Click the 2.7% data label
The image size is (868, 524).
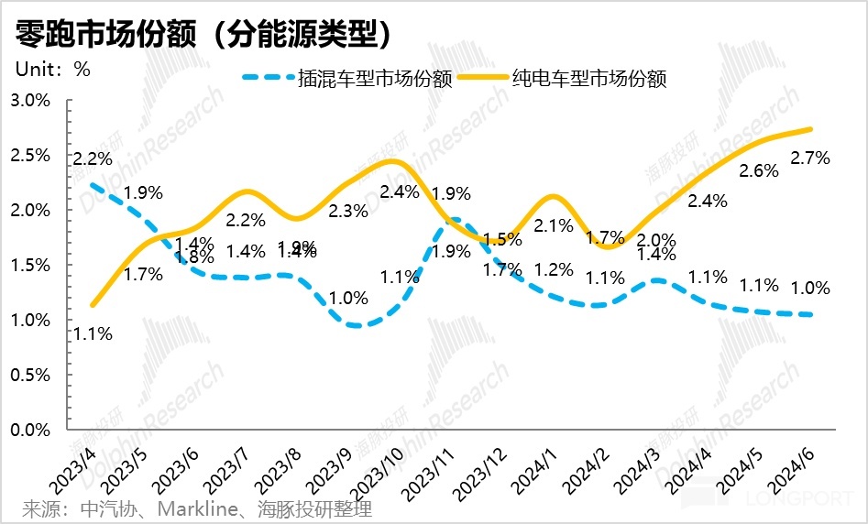click(810, 158)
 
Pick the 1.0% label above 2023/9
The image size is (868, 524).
click(347, 298)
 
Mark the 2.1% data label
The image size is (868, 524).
click(553, 225)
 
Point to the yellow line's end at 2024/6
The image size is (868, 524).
click(811, 129)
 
